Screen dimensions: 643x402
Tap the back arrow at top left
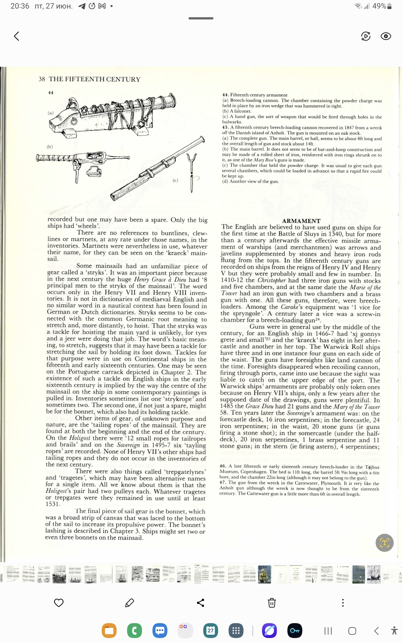pos(17,36)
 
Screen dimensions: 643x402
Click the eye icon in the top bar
pos(385,36)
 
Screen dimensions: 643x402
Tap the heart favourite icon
pos(59,603)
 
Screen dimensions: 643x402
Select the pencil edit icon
pos(129,603)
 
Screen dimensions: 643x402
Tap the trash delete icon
pos(272,603)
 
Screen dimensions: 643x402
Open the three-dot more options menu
pos(343,603)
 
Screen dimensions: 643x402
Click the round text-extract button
pos(384,543)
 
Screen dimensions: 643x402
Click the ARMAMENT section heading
pos(301,221)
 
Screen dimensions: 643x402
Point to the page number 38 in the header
pos(42,79)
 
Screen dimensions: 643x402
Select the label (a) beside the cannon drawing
pos(51,113)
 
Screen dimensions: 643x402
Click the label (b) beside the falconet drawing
pos(50,147)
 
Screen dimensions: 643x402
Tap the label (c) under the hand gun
pos(175,180)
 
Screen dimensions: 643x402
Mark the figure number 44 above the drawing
pos(51,92)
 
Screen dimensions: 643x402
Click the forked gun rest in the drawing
pos(191,162)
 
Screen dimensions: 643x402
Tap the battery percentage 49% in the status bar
pos(379,6)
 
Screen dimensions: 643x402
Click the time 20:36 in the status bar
pos(20,6)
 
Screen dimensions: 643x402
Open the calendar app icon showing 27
pos(211,630)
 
